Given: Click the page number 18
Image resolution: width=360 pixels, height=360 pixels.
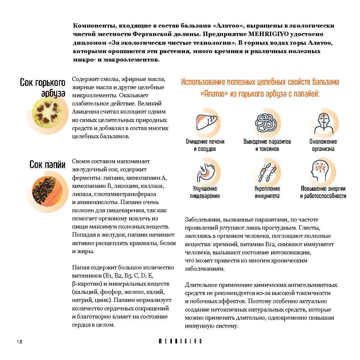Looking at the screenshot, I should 19,342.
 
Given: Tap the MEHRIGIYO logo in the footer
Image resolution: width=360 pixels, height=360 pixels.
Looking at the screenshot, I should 180,341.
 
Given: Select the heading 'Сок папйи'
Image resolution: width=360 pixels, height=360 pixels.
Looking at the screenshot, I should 47,165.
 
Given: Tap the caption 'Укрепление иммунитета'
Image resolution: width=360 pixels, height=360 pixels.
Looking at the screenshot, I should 267,192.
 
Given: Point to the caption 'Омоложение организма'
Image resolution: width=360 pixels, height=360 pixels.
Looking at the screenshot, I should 323,145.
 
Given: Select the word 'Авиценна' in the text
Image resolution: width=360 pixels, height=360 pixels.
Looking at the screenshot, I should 84,112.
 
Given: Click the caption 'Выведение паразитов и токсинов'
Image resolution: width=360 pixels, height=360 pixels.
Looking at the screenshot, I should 267,145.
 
